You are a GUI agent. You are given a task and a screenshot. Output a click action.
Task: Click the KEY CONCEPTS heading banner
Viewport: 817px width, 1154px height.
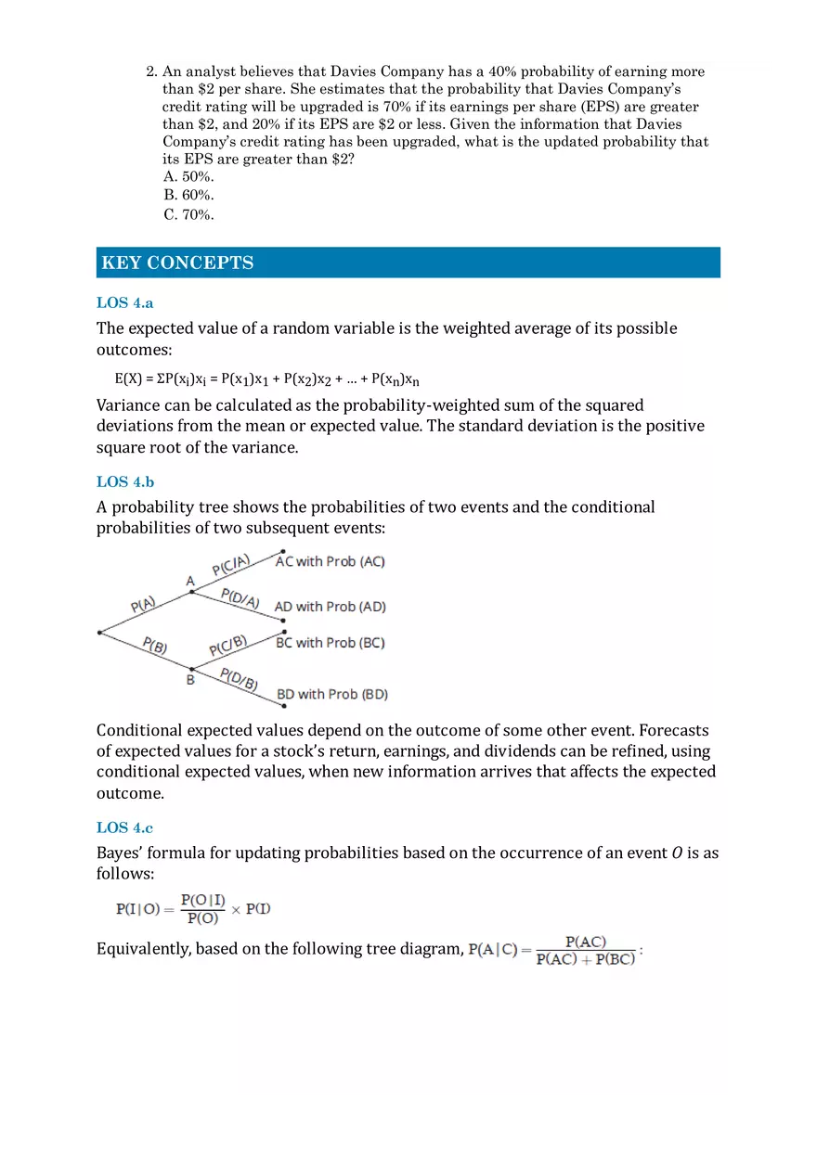click(408, 263)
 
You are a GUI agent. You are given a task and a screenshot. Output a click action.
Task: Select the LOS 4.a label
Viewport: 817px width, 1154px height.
click(124, 302)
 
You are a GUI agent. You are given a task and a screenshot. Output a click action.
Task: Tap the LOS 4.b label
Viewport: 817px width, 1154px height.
click(125, 481)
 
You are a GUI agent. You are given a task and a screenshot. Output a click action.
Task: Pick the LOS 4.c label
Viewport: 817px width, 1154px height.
click(124, 827)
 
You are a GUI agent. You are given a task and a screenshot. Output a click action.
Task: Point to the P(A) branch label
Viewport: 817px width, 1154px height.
click(143, 605)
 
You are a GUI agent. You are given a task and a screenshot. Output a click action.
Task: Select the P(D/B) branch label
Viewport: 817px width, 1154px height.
click(239, 679)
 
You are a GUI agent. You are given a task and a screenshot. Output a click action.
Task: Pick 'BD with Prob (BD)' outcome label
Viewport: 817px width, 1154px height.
click(332, 694)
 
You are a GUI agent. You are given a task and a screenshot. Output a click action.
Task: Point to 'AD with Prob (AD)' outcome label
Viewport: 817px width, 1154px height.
click(330, 607)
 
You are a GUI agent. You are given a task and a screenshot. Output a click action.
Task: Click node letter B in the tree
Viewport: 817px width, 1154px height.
click(190, 681)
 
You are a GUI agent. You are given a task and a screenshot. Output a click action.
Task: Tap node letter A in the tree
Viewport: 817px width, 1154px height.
click(190, 581)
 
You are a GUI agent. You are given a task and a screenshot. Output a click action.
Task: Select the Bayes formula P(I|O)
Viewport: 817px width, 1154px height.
click(193, 909)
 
